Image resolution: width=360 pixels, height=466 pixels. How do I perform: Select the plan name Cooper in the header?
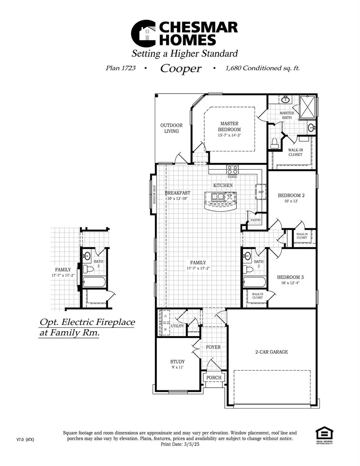point(181,68)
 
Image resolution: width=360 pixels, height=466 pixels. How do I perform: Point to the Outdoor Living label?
point(172,128)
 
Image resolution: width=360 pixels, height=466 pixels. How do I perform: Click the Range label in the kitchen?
point(232,176)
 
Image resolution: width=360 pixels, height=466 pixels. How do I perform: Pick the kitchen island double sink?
point(218,196)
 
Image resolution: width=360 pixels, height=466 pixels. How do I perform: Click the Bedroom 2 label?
point(291,196)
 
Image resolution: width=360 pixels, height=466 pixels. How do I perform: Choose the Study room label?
point(177,362)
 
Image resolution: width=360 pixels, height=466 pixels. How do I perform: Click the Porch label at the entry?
point(214,378)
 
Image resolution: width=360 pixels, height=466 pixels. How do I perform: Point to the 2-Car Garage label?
point(272,352)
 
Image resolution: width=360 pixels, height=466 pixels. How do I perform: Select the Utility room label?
point(177,326)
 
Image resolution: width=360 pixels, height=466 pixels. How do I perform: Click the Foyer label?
point(213,347)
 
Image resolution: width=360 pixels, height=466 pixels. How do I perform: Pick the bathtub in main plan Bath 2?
point(254,282)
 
